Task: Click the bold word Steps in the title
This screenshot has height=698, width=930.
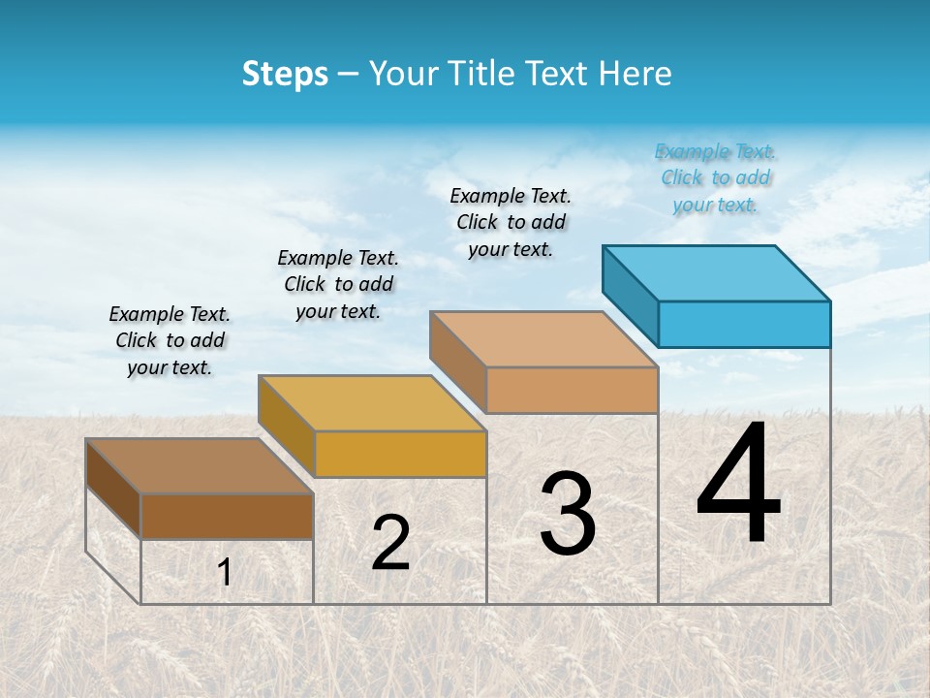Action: click(x=285, y=74)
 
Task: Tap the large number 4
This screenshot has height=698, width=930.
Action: click(x=738, y=485)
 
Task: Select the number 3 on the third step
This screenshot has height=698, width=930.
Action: click(x=568, y=514)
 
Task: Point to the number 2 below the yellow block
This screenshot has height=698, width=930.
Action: click(x=390, y=543)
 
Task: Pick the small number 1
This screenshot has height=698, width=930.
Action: click(x=225, y=573)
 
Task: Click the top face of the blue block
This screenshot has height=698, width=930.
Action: click(x=717, y=272)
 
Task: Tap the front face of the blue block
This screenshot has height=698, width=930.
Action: click(x=744, y=324)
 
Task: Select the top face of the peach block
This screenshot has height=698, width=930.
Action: click(x=543, y=339)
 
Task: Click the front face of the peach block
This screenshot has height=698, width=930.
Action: click(x=572, y=390)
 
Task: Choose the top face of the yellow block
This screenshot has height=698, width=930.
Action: click(x=372, y=402)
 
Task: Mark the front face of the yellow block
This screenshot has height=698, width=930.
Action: click(x=400, y=454)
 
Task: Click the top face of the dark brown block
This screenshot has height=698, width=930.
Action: click(x=200, y=465)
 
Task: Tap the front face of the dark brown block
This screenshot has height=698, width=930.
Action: click(x=227, y=516)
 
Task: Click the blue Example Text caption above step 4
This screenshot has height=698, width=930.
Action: click(x=715, y=177)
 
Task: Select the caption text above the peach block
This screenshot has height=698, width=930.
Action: click(x=511, y=222)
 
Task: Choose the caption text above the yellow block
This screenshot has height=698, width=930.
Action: click(x=338, y=284)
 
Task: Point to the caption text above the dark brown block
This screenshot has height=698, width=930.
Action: click(x=170, y=340)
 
